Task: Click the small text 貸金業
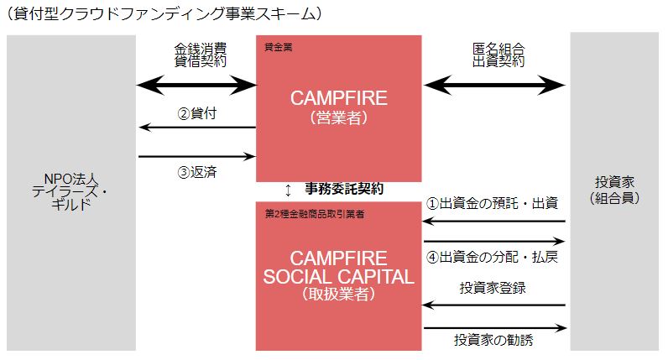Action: pos(278,47)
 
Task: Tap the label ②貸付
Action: pos(198,113)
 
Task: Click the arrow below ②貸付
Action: pos(196,128)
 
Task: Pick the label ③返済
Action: pos(198,172)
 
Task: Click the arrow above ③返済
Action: pos(196,156)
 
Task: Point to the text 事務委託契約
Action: pos(344,188)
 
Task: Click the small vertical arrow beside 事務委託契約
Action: pos(289,189)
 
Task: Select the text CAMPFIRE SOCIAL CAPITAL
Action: pos(338,267)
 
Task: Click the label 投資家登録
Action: pos(493,288)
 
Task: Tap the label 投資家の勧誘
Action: pos(493,341)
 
